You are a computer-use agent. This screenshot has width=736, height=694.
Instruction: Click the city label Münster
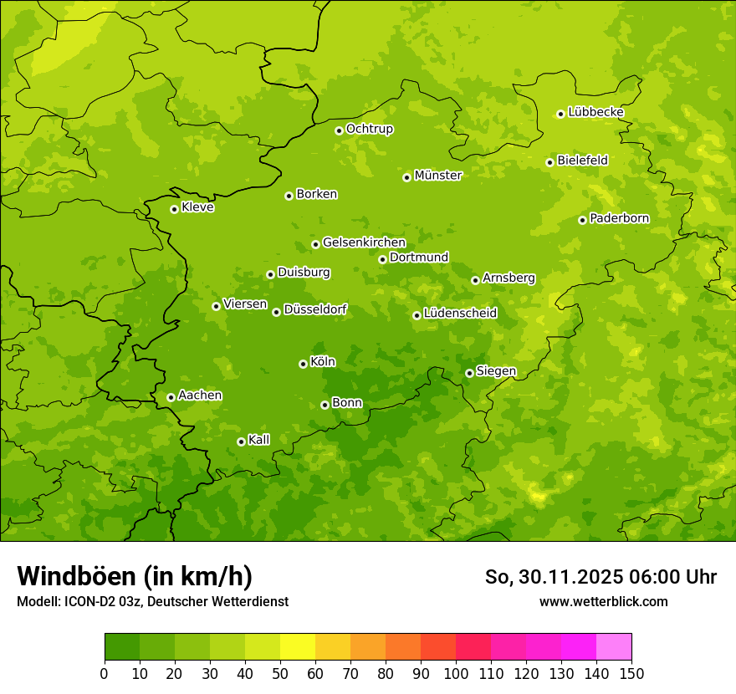click(x=438, y=176)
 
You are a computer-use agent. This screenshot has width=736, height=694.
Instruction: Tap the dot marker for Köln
click(x=303, y=364)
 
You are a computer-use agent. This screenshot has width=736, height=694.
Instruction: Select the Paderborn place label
click(x=620, y=218)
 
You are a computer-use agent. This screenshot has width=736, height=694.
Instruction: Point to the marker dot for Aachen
click(x=171, y=397)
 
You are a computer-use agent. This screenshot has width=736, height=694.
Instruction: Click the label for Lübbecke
click(x=596, y=112)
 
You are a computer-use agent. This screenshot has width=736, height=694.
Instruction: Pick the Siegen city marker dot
click(x=469, y=373)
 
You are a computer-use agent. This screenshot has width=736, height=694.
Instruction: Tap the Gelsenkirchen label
click(x=364, y=242)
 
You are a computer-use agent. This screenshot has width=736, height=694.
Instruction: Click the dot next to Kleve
click(x=174, y=209)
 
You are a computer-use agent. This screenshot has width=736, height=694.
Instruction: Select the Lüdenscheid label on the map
click(x=460, y=314)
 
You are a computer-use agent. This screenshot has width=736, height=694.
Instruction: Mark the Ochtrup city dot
click(x=339, y=130)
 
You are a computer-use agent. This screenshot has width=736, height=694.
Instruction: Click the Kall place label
click(x=259, y=440)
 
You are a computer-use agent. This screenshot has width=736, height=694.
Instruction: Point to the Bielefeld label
click(x=583, y=161)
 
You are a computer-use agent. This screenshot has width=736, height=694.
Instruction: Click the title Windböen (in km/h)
click(x=135, y=576)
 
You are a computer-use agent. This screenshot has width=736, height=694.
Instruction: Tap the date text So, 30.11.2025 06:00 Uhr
click(x=601, y=577)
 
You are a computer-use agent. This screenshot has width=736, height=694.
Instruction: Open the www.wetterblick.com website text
click(x=603, y=601)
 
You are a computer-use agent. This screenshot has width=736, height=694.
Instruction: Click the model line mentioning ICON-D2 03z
click(x=152, y=601)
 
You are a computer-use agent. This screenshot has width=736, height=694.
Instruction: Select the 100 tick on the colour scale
click(x=456, y=673)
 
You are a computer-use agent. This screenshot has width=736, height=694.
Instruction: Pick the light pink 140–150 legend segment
click(x=613, y=647)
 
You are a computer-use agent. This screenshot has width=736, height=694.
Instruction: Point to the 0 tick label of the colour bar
click(x=105, y=673)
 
